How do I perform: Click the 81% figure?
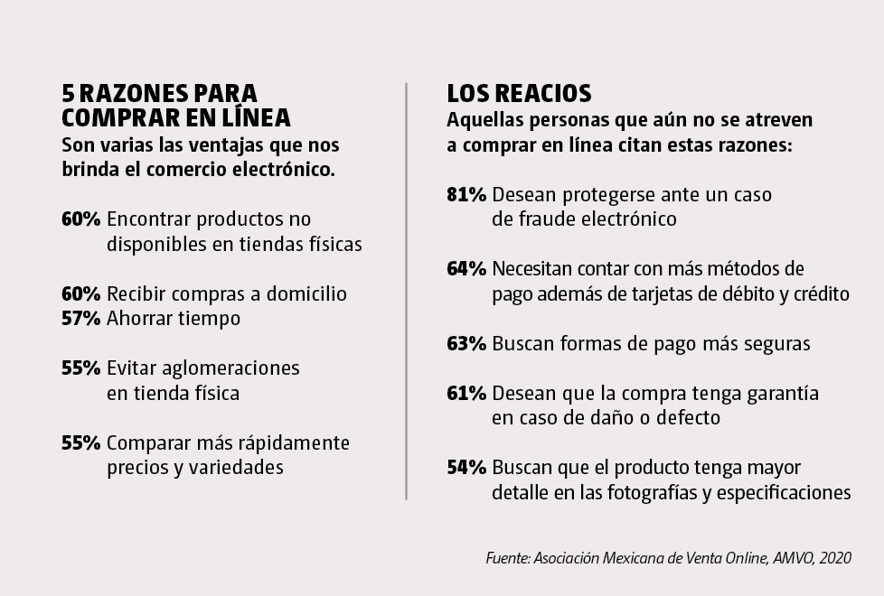tap(466, 195)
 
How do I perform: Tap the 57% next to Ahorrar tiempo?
tap(80, 318)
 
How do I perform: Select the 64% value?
tap(466, 269)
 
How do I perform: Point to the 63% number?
tap(466, 344)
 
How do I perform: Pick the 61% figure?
tap(466, 394)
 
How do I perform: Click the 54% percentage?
tap(466, 468)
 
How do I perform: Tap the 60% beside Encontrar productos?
tap(80, 219)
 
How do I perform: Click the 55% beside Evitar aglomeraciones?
tap(80, 368)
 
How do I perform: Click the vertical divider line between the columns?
tap(407, 289)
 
